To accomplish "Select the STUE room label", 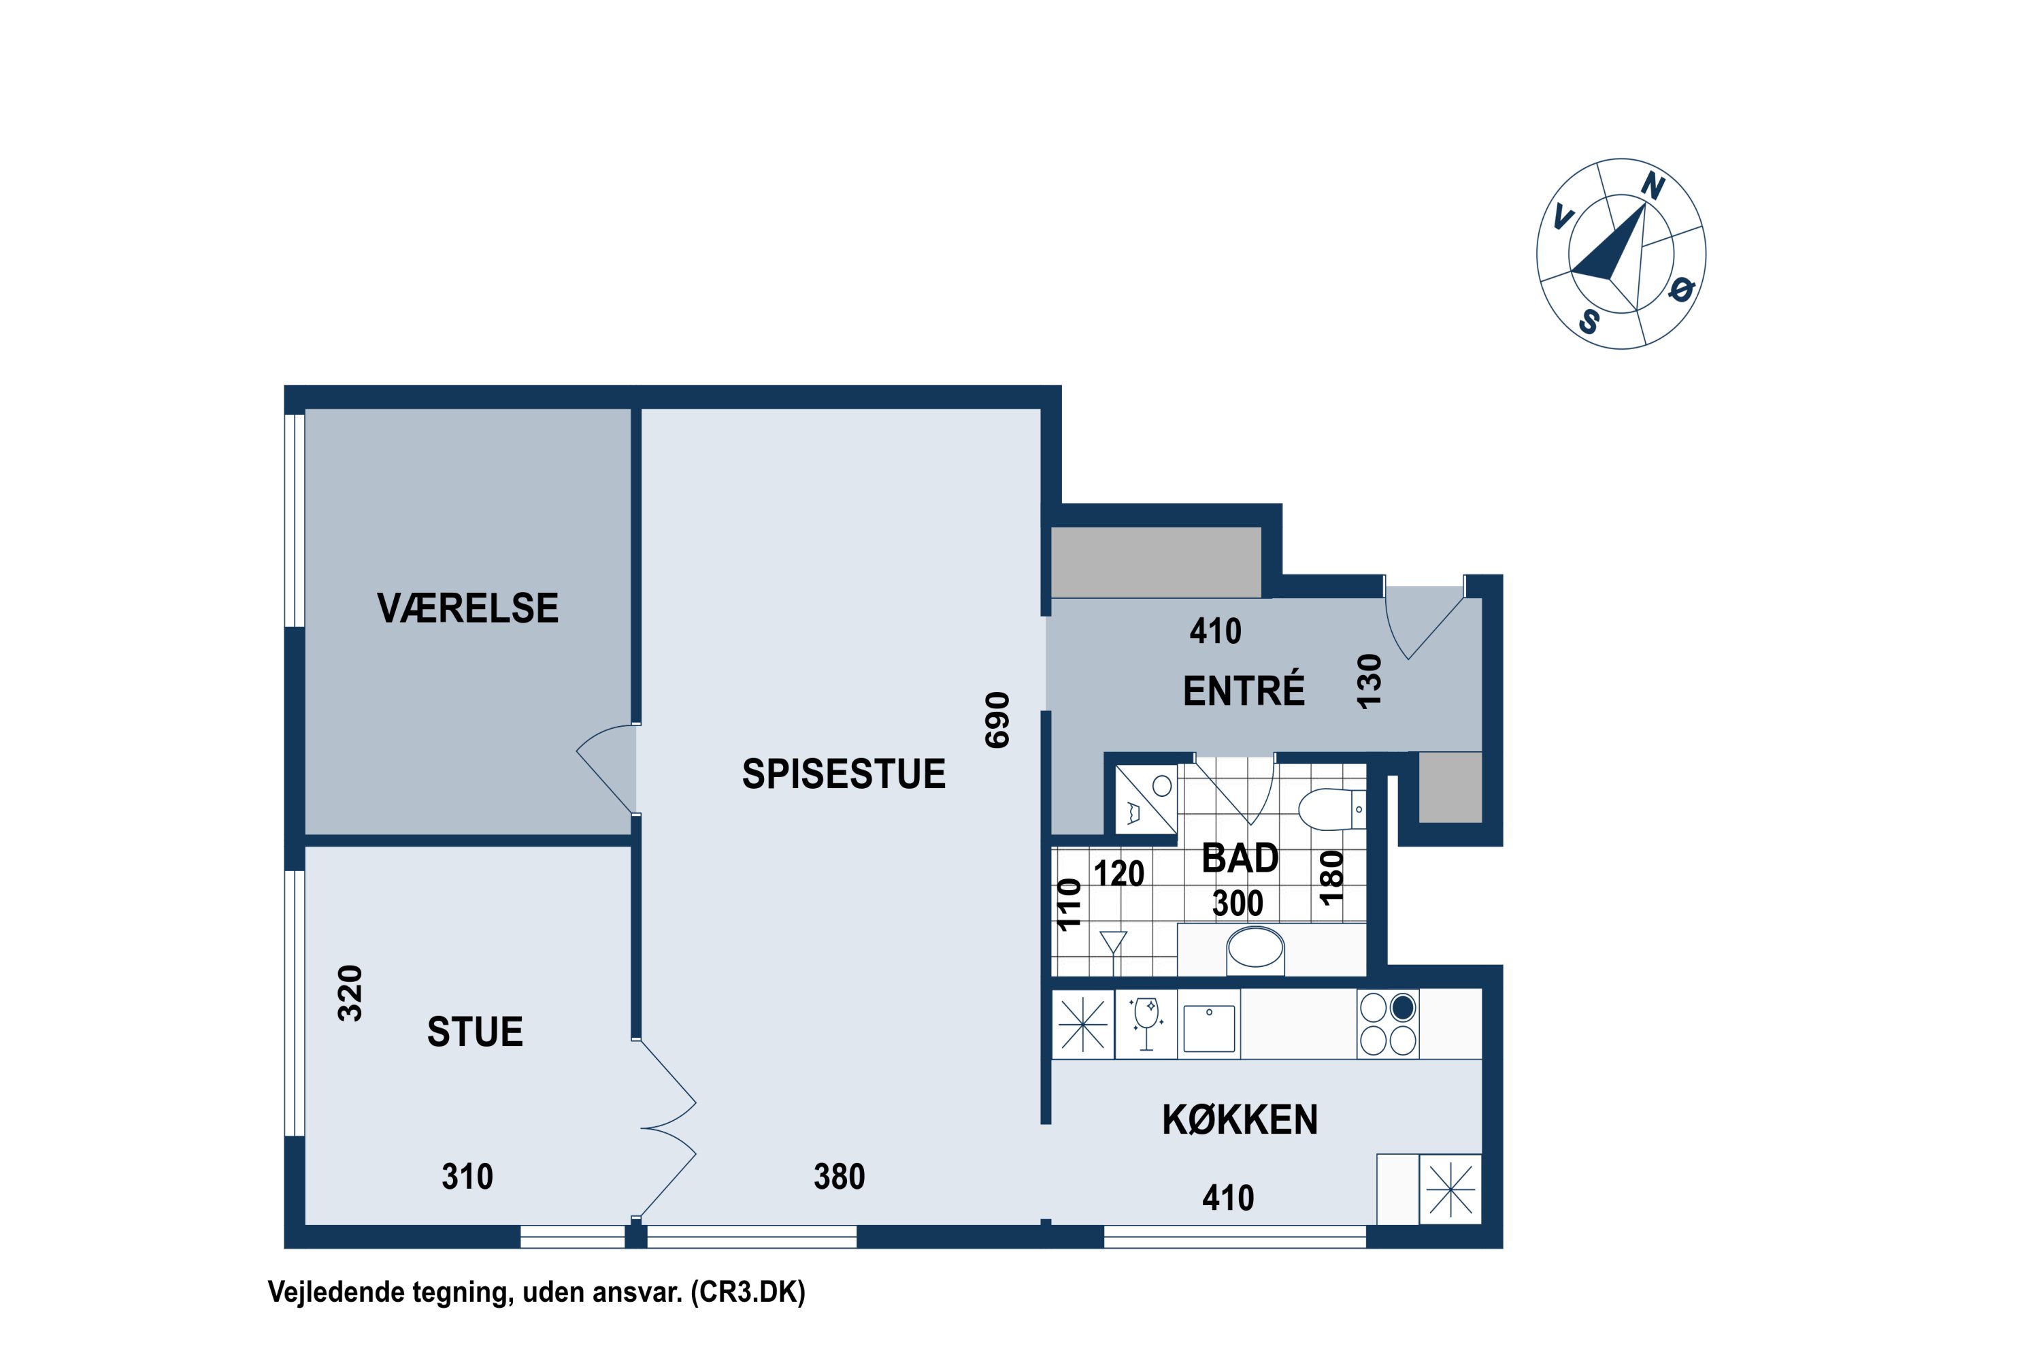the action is (x=475, y=1032).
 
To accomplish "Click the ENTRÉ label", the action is (x=1244, y=691).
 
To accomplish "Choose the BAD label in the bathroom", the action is (x=1239, y=858).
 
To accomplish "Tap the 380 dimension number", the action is (x=839, y=1177).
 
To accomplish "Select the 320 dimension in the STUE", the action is (x=350, y=994).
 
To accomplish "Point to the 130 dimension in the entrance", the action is (x=1368, y=683).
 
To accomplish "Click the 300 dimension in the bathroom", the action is (x=1238, y=904).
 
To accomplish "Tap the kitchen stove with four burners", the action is (x=1388, y=1023).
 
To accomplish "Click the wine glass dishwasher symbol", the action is (x=1146, y=1024).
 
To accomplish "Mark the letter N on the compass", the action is (x=1653, y=186).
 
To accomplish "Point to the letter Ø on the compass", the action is (x=1682, y=289).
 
